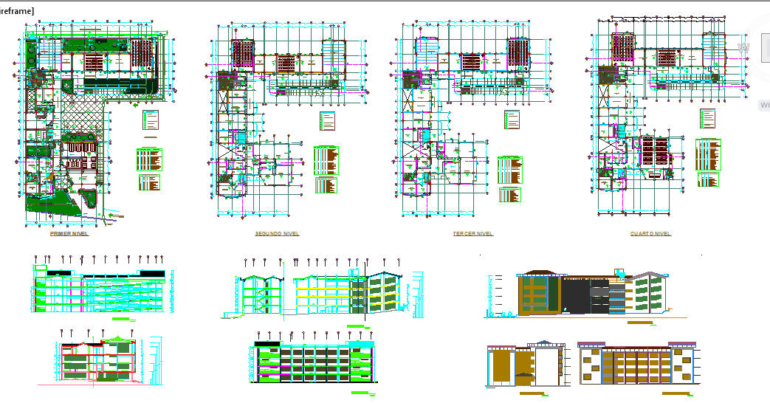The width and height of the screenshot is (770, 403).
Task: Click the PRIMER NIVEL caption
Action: click(x=69, y=233)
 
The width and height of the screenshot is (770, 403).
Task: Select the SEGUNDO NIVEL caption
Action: click(x=277, y=233)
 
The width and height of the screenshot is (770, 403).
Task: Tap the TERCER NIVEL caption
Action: click(x=473, y=233)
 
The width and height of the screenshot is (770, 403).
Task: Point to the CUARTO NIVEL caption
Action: click(x=650, y=233)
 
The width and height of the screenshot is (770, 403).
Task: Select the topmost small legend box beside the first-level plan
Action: click(x=150, y=121)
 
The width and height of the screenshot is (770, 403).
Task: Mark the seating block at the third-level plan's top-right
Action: click(x=518, y=52)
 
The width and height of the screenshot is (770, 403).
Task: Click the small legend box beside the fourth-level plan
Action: click(x=707, y=118)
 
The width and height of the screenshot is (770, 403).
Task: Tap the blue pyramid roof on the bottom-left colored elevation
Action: click(x=546, y=343)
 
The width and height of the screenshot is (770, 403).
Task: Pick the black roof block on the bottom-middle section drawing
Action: click(x=268, y=344)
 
